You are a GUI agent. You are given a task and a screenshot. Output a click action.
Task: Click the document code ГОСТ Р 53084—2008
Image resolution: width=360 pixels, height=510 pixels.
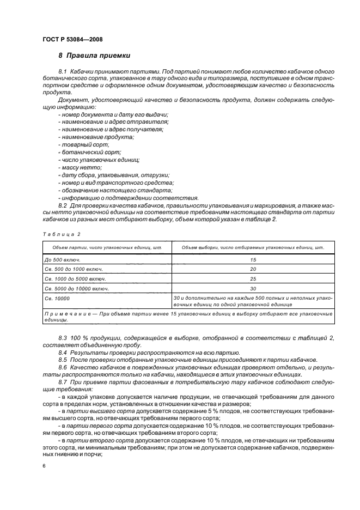coord(72,39)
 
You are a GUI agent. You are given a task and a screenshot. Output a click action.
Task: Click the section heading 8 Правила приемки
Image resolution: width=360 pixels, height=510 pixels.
coord(94,56)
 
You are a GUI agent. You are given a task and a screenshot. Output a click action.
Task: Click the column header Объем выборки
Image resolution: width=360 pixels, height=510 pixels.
coord(252,248)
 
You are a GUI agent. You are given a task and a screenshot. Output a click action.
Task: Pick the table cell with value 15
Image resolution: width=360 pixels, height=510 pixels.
coord(252,260)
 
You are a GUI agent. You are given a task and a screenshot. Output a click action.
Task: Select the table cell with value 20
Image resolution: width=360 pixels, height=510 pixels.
coord(252,269)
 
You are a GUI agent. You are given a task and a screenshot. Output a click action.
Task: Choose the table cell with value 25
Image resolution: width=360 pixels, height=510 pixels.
coord(252,278)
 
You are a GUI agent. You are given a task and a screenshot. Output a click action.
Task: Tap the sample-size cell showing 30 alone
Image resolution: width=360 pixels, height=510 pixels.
coord(252,288)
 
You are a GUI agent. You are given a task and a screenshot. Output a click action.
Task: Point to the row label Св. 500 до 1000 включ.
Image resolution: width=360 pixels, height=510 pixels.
coord(74,269)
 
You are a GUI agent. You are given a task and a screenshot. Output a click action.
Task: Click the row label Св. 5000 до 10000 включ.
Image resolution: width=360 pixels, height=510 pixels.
coord(77,288)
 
